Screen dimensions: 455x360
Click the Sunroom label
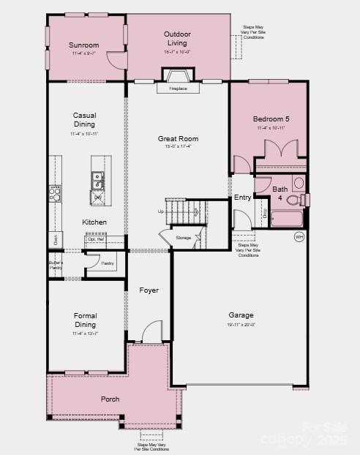point(84,45)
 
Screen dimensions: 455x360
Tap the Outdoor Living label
point(177,38)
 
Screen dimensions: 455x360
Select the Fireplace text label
point(179,89)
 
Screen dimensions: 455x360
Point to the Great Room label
point(178,138)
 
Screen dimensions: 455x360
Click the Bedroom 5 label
point(271,119)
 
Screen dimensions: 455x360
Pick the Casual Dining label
point(85,119)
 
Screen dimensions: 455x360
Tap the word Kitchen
point(94,222)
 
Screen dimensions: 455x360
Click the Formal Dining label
point(85,320)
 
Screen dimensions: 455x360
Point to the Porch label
point(110,399)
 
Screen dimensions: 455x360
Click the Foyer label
point(149,290)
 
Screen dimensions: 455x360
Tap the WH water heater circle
point(299,236)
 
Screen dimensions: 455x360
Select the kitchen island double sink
point(97,178)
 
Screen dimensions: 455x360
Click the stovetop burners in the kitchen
point(54,193)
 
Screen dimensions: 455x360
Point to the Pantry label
point(108,263)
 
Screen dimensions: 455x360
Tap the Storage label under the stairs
point(184,238)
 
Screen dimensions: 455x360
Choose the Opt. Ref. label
point(94,239)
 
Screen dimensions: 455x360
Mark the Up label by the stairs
point(161,211)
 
